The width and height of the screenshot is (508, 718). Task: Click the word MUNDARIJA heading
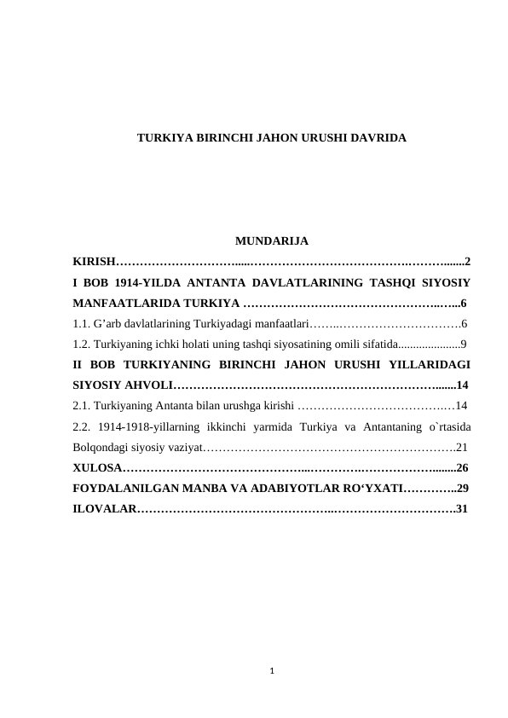click(x=271, y=240)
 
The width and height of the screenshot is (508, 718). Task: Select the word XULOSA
click(x=97, y=467)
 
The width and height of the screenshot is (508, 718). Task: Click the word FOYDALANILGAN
click(x=124, y=489)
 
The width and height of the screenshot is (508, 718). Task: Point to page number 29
click(x=463, y=489)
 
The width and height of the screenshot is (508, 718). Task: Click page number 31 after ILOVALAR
click(x=462, y=509)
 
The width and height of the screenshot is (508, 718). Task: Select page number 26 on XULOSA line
click(x=463, y=467)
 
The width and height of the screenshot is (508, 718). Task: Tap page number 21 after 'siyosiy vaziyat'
click(x=463, y=447)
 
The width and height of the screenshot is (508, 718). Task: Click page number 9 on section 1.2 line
click(x=463, y=344)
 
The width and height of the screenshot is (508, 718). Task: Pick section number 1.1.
click(x=82, y=323)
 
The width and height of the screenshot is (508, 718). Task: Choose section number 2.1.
click(x=82, y=406)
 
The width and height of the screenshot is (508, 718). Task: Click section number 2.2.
click(x=82, y=426)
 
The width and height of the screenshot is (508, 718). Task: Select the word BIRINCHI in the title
click(x=225, y=136)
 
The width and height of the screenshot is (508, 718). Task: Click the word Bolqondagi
click(x=101, y=447)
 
